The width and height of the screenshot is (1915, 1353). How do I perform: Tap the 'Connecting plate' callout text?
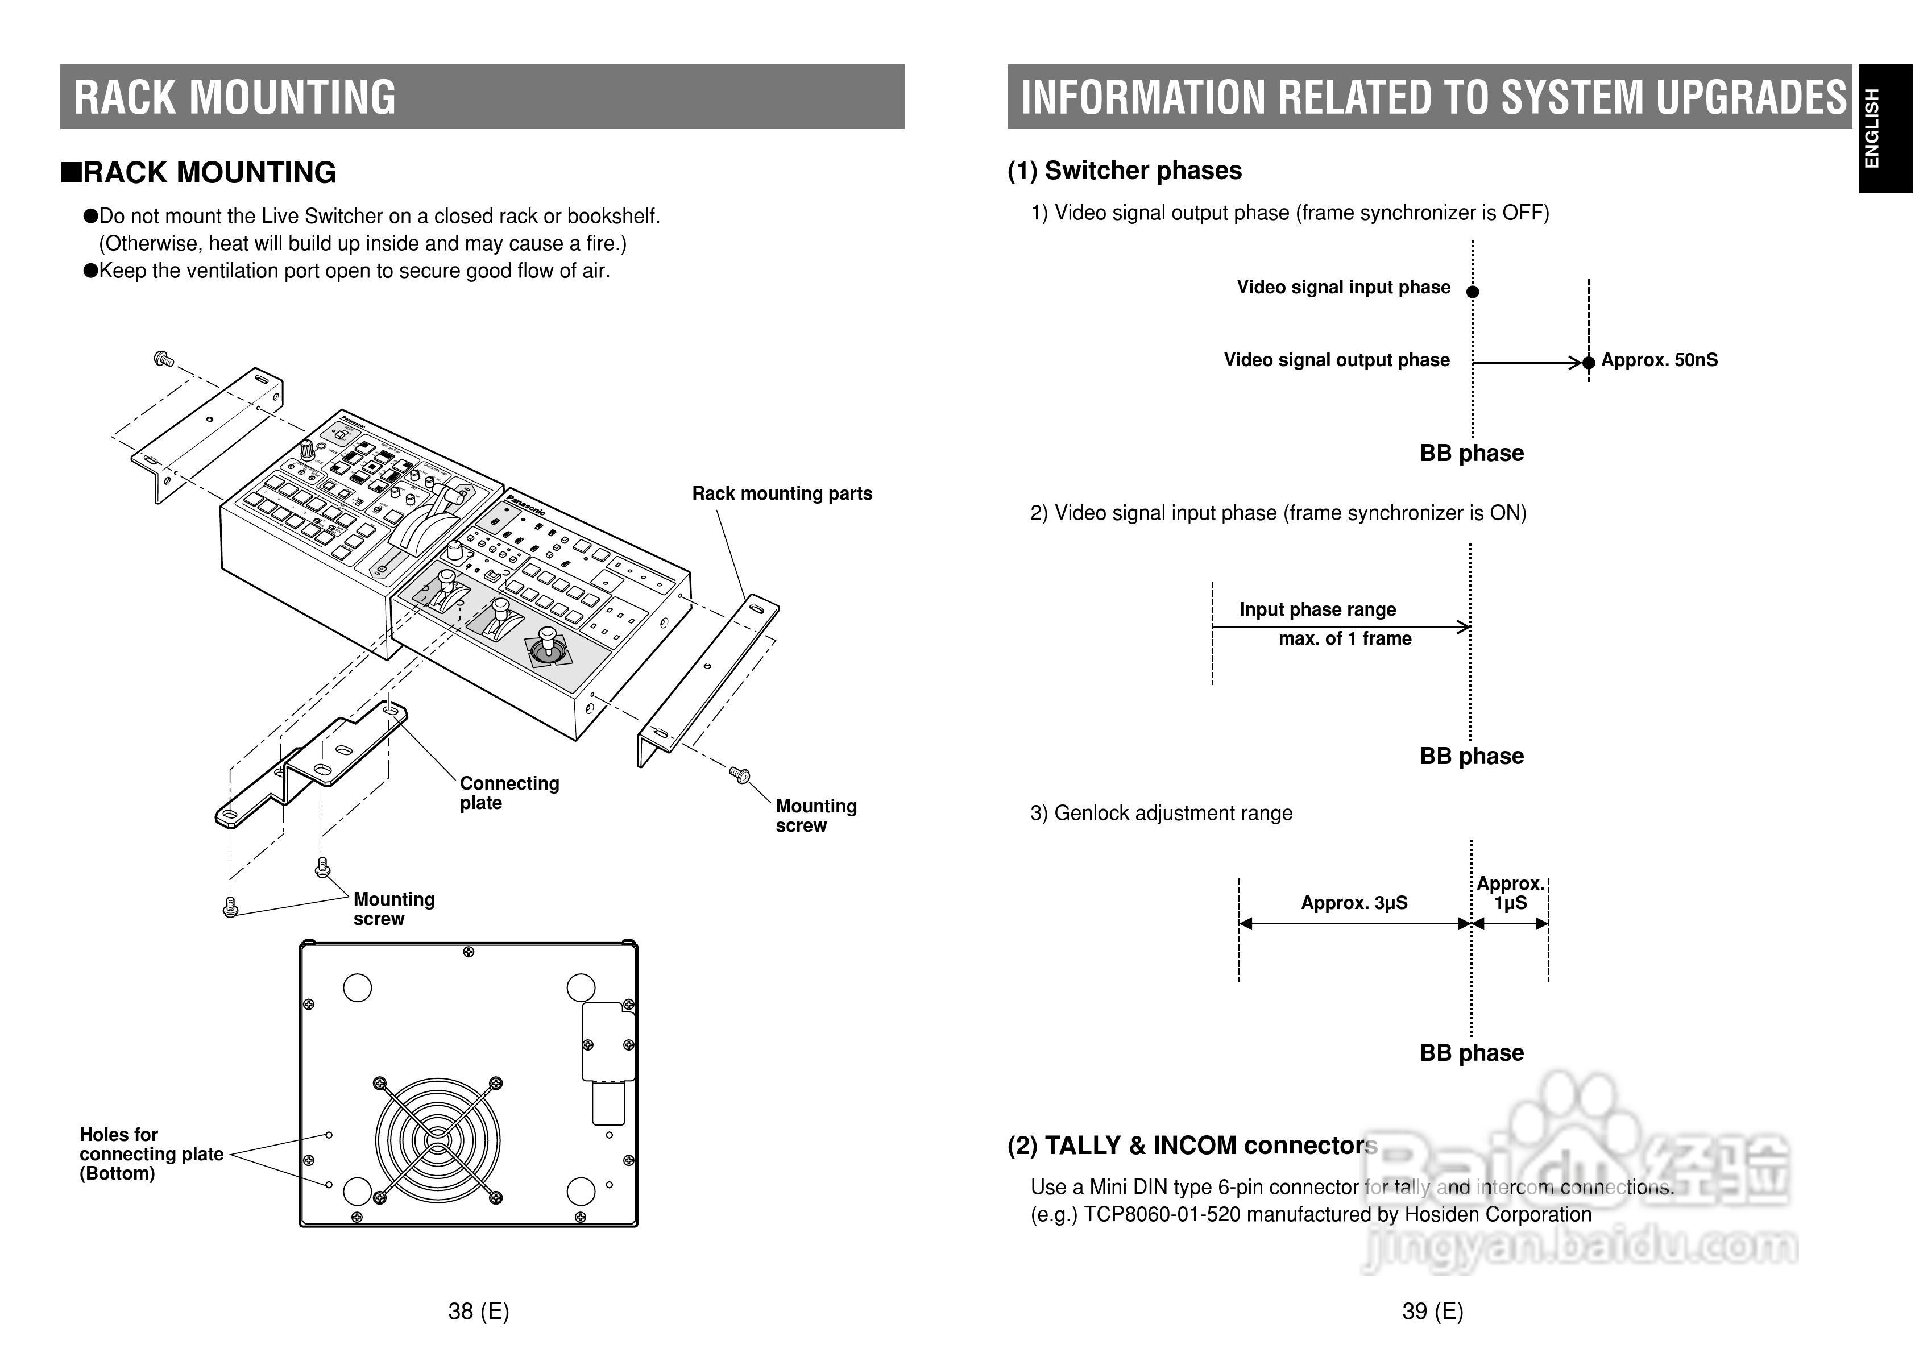[509, 792]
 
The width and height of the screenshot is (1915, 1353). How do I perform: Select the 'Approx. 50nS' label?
[1659, 360]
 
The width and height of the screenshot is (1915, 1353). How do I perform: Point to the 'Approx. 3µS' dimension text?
[1354, 903]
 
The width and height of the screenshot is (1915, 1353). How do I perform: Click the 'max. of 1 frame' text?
[1345, 639]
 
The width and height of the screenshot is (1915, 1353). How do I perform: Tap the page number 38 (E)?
[478, 1312]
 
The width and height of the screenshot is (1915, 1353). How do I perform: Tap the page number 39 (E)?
[1432, 1312]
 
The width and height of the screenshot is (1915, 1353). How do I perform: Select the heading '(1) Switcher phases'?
[1124, 171]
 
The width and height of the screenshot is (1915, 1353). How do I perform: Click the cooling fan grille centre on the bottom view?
[437, 1139]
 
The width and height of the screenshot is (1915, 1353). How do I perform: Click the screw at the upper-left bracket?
[164, 359]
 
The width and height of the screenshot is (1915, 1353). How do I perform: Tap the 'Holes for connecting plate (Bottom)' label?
[151, 1153]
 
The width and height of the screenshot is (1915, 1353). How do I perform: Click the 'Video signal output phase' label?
[1336, 360]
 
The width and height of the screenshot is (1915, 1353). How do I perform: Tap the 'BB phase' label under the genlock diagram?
[1472, 1053]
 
